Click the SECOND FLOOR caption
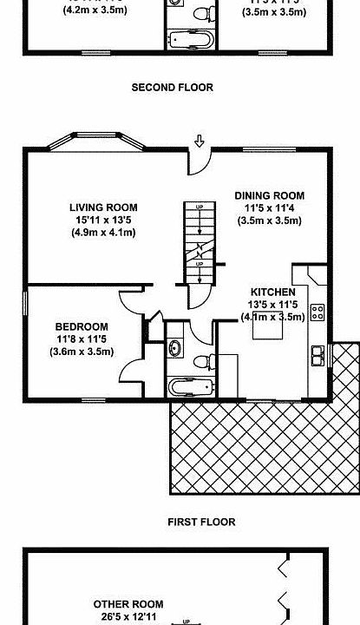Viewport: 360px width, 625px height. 172,88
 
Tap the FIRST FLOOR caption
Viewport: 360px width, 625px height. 201,522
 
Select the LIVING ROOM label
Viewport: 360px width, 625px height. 103,207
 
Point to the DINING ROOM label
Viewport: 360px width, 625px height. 270,195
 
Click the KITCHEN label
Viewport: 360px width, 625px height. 273,292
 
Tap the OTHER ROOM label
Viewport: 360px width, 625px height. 128,604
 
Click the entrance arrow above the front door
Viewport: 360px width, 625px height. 200,141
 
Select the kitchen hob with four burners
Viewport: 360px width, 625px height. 317,311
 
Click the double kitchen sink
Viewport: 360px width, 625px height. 318,353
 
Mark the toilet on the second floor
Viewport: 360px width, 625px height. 205,13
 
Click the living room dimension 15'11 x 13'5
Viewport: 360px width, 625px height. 103,220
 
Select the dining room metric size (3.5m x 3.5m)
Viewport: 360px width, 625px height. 270,220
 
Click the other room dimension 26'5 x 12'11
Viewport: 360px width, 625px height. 128,617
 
